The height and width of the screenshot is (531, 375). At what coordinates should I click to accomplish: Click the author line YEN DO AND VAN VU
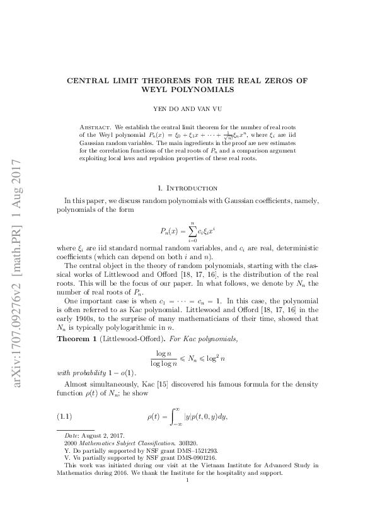click(x=187, y=108)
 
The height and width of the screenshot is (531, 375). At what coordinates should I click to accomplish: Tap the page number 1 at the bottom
click(x=188, y=497)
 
